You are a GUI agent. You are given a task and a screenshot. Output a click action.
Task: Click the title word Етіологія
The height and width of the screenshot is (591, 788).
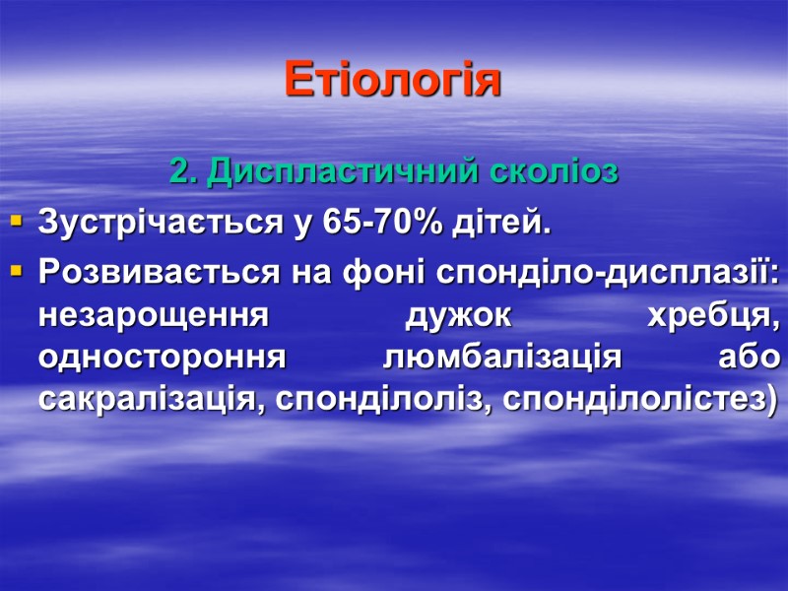point(393,80)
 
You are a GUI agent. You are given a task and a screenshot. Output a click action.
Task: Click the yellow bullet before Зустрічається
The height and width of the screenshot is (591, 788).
point(15,225)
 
